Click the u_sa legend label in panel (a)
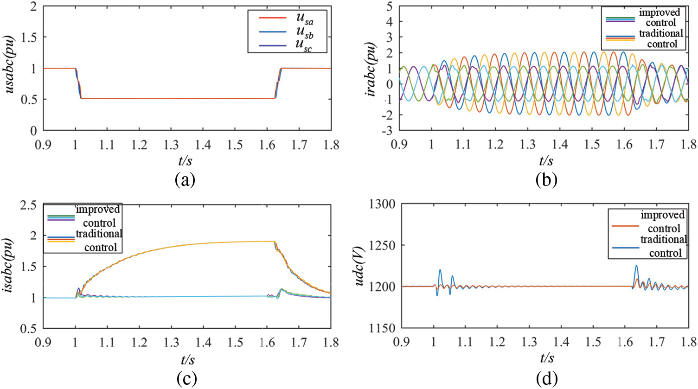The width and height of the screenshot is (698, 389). point(305,19)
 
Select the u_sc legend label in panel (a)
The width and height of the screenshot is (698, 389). point(305,46)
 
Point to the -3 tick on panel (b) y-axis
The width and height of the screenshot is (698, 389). point(387,131)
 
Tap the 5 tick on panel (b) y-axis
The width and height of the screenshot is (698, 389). point(390,6)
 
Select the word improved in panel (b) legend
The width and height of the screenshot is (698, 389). point(660,12)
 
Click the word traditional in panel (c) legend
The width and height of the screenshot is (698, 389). point(99,234)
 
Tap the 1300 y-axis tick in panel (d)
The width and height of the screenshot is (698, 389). point(382,204)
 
